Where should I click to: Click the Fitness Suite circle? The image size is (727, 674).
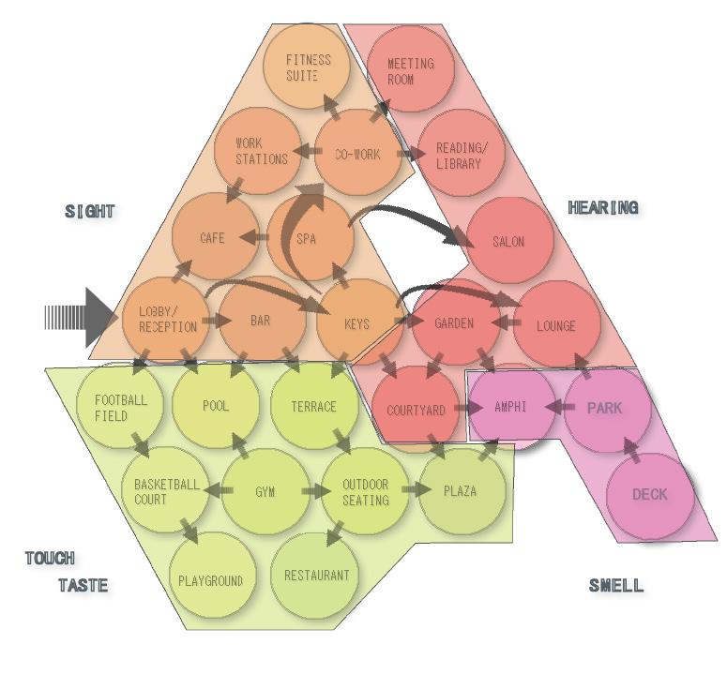coord(309,67)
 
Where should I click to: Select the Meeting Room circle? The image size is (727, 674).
coord(410,70)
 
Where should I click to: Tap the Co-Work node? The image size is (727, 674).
coord(357,154)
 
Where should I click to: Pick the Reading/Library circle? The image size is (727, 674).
coord(460,155)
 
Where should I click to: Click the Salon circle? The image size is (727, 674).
coord(508,241)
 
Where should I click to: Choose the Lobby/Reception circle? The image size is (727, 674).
coord(167,320)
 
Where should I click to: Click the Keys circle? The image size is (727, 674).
coord(357,324)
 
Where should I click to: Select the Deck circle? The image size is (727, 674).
coord(650,494)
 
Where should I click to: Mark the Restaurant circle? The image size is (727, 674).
coord(315,575)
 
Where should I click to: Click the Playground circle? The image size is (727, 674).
coord(211,579)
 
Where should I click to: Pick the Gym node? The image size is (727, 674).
coord(265,491)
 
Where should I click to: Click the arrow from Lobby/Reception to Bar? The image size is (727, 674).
coord(216,321)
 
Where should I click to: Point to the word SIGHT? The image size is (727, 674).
coord(90,212)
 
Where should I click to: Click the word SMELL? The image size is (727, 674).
coord(616,586)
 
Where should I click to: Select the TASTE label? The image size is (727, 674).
coord(83,586)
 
